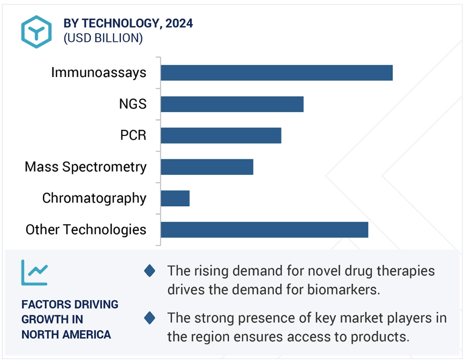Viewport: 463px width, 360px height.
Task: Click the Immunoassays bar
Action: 277,73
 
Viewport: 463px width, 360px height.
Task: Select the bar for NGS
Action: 232,104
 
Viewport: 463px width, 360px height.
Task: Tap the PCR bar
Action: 221,135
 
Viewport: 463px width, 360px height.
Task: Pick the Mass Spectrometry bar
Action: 207,167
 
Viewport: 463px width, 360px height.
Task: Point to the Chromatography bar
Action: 175,198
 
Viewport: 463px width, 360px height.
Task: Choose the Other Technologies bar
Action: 265,229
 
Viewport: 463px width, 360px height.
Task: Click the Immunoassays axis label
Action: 98,73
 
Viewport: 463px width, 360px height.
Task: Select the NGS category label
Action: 133,104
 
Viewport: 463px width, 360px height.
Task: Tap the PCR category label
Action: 133,135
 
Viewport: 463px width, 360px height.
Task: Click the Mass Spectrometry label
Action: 86,167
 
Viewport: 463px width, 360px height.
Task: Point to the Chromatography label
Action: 94,198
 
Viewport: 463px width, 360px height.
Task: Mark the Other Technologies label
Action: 86,229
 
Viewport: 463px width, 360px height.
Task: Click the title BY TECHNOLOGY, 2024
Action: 128,23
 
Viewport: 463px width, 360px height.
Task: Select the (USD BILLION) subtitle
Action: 103,38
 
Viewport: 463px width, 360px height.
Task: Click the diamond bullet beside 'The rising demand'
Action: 150,271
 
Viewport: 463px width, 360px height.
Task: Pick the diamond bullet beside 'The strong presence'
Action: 150,318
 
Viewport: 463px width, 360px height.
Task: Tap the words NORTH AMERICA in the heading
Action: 66,335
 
